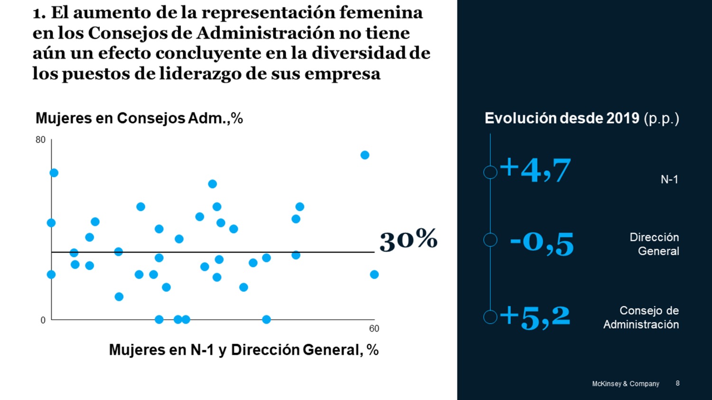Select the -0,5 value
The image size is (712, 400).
pyautogui.click(x=542, y=243)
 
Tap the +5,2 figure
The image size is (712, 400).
pyautogui.click(x=535, y=317)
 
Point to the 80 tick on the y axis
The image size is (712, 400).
pyautogui.click(x=40, y=140)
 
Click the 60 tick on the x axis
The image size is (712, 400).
pyautogui.click(x=374, y=328)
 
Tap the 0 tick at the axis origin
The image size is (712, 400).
pyautogui.click(x=43, y=320)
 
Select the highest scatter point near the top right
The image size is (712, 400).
pyautogui.click(x=365, y=155)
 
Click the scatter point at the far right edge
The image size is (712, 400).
pyautogui.click(x=374, y=274)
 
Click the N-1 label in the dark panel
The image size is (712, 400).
pyautogui.click(x=669, y=179)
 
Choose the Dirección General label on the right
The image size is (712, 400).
pyautogui.click(x=654, y=244)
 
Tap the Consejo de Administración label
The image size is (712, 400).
pyautogui.click(x=641, y=318)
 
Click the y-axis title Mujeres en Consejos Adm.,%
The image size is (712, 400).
pyautogui.click(x=139, y=118)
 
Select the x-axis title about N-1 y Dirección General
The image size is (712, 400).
pyautogui.click(x=244, y=350)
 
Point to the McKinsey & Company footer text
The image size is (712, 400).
pyautogui.click(x=625, y=383)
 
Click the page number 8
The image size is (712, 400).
pyautogui.click(x=677, y=383)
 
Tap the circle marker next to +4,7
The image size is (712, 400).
pyautogui.click(x=490, y=172)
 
